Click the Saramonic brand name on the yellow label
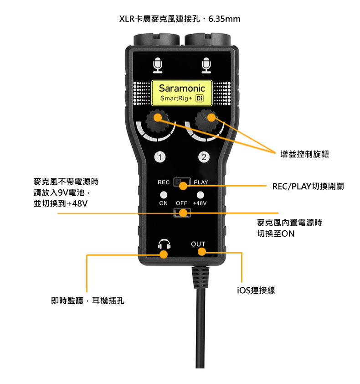pos(182,88)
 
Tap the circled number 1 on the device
pos(160,157)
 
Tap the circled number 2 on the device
pos(204,157)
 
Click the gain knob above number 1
pos(158,122)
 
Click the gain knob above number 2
pos(207,122)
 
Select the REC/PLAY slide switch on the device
pos(182,182)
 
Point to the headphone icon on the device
pos(164,244)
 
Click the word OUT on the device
pos(198,244)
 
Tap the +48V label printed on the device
pos(200,203)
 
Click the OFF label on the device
pos(181,203)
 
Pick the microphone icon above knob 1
pos(158,65)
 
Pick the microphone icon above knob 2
pos(206,65)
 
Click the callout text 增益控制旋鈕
pos(305,154)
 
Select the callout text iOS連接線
pos(256,290)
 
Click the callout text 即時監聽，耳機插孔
pos(87,300)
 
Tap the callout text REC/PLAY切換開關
pos(308,187)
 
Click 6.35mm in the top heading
pos(224,19)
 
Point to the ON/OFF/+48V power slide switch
pos(182,213)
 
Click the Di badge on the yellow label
pos(200,99)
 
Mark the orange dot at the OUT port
pos(202,251)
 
